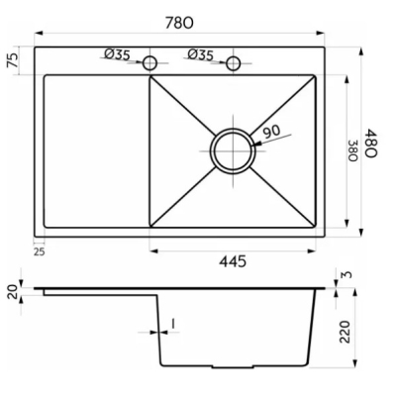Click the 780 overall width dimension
tap(179, 23)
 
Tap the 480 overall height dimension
tap(370, 144)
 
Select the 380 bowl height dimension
tap(353, 150)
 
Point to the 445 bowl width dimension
tap(233, 261)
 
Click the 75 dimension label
tap(13, 60)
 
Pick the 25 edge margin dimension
tap(39, 251)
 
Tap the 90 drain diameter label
tap(272, 132)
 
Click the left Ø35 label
tap(117, 54)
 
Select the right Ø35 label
tap(201, 54)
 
